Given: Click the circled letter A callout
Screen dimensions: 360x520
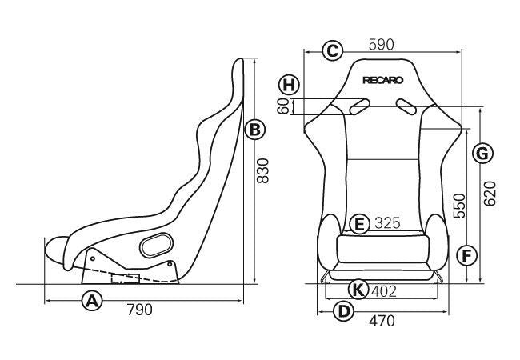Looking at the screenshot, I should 94,301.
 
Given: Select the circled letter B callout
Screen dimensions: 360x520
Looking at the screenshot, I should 254,129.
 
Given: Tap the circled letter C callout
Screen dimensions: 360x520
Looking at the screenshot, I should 333,50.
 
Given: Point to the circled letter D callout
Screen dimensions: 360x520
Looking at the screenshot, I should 343,311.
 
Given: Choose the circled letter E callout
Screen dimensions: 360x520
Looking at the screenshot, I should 360,223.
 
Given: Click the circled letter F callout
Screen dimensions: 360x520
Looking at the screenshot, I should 467,255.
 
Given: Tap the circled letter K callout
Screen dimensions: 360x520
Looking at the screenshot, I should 360,290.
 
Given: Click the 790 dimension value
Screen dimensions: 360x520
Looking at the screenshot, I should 140,309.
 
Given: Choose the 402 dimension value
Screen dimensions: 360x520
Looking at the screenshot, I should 385,290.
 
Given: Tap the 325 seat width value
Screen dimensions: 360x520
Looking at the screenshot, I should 386,223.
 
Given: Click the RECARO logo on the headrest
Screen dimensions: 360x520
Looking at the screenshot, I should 383,79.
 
